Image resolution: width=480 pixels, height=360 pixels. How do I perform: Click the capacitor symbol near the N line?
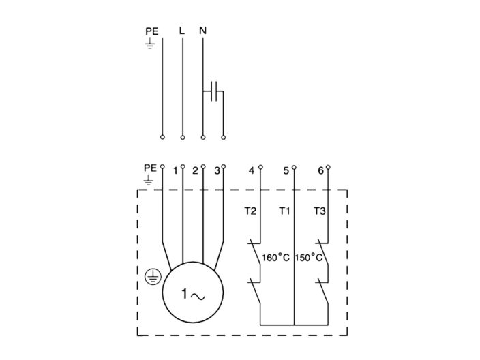(213, 90)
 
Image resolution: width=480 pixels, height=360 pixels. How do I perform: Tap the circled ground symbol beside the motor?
(153, 276)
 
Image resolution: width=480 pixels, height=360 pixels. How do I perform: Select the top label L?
(181, 31)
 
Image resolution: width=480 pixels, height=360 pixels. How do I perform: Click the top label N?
(202, 31)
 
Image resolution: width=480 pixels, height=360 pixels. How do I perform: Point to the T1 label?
(285, 211)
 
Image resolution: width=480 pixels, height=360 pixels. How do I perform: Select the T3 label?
(320, 211)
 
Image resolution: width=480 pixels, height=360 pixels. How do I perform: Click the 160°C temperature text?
(276, 258)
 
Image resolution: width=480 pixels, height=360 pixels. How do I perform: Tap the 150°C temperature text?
(309, 258)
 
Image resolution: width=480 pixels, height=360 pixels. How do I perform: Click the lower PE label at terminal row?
(151, 167)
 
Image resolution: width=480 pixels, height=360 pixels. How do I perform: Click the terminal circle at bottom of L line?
(182, 137)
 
